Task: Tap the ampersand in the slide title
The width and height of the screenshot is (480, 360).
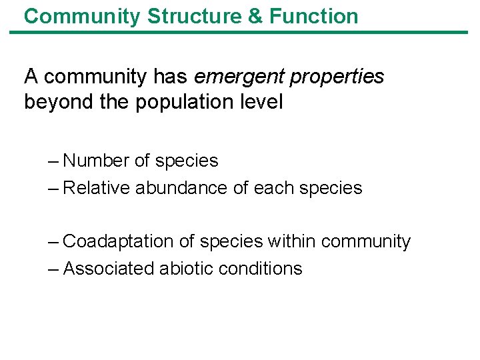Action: pos(255,16)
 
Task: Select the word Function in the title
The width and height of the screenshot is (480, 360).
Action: pos(313,16)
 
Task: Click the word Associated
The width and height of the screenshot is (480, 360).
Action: pos(109,269)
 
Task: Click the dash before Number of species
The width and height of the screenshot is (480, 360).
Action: pos(53,161)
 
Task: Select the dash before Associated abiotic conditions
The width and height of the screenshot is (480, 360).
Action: pos(53,269)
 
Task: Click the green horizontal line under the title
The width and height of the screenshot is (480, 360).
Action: pos(240,32)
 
